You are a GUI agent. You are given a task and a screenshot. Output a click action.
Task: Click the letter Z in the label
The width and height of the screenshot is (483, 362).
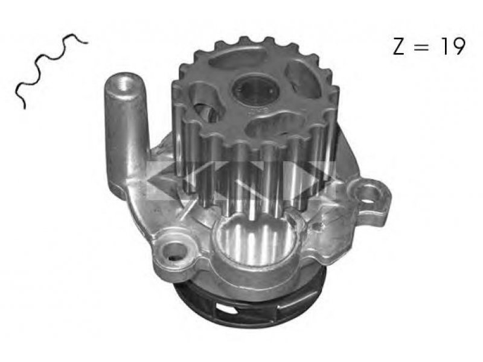tap(398, 47)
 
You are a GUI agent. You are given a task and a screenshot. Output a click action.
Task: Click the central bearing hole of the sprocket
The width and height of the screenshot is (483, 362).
tap(255, 89)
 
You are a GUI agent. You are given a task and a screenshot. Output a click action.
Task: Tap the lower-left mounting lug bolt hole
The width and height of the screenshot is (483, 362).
tap(175, 250)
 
